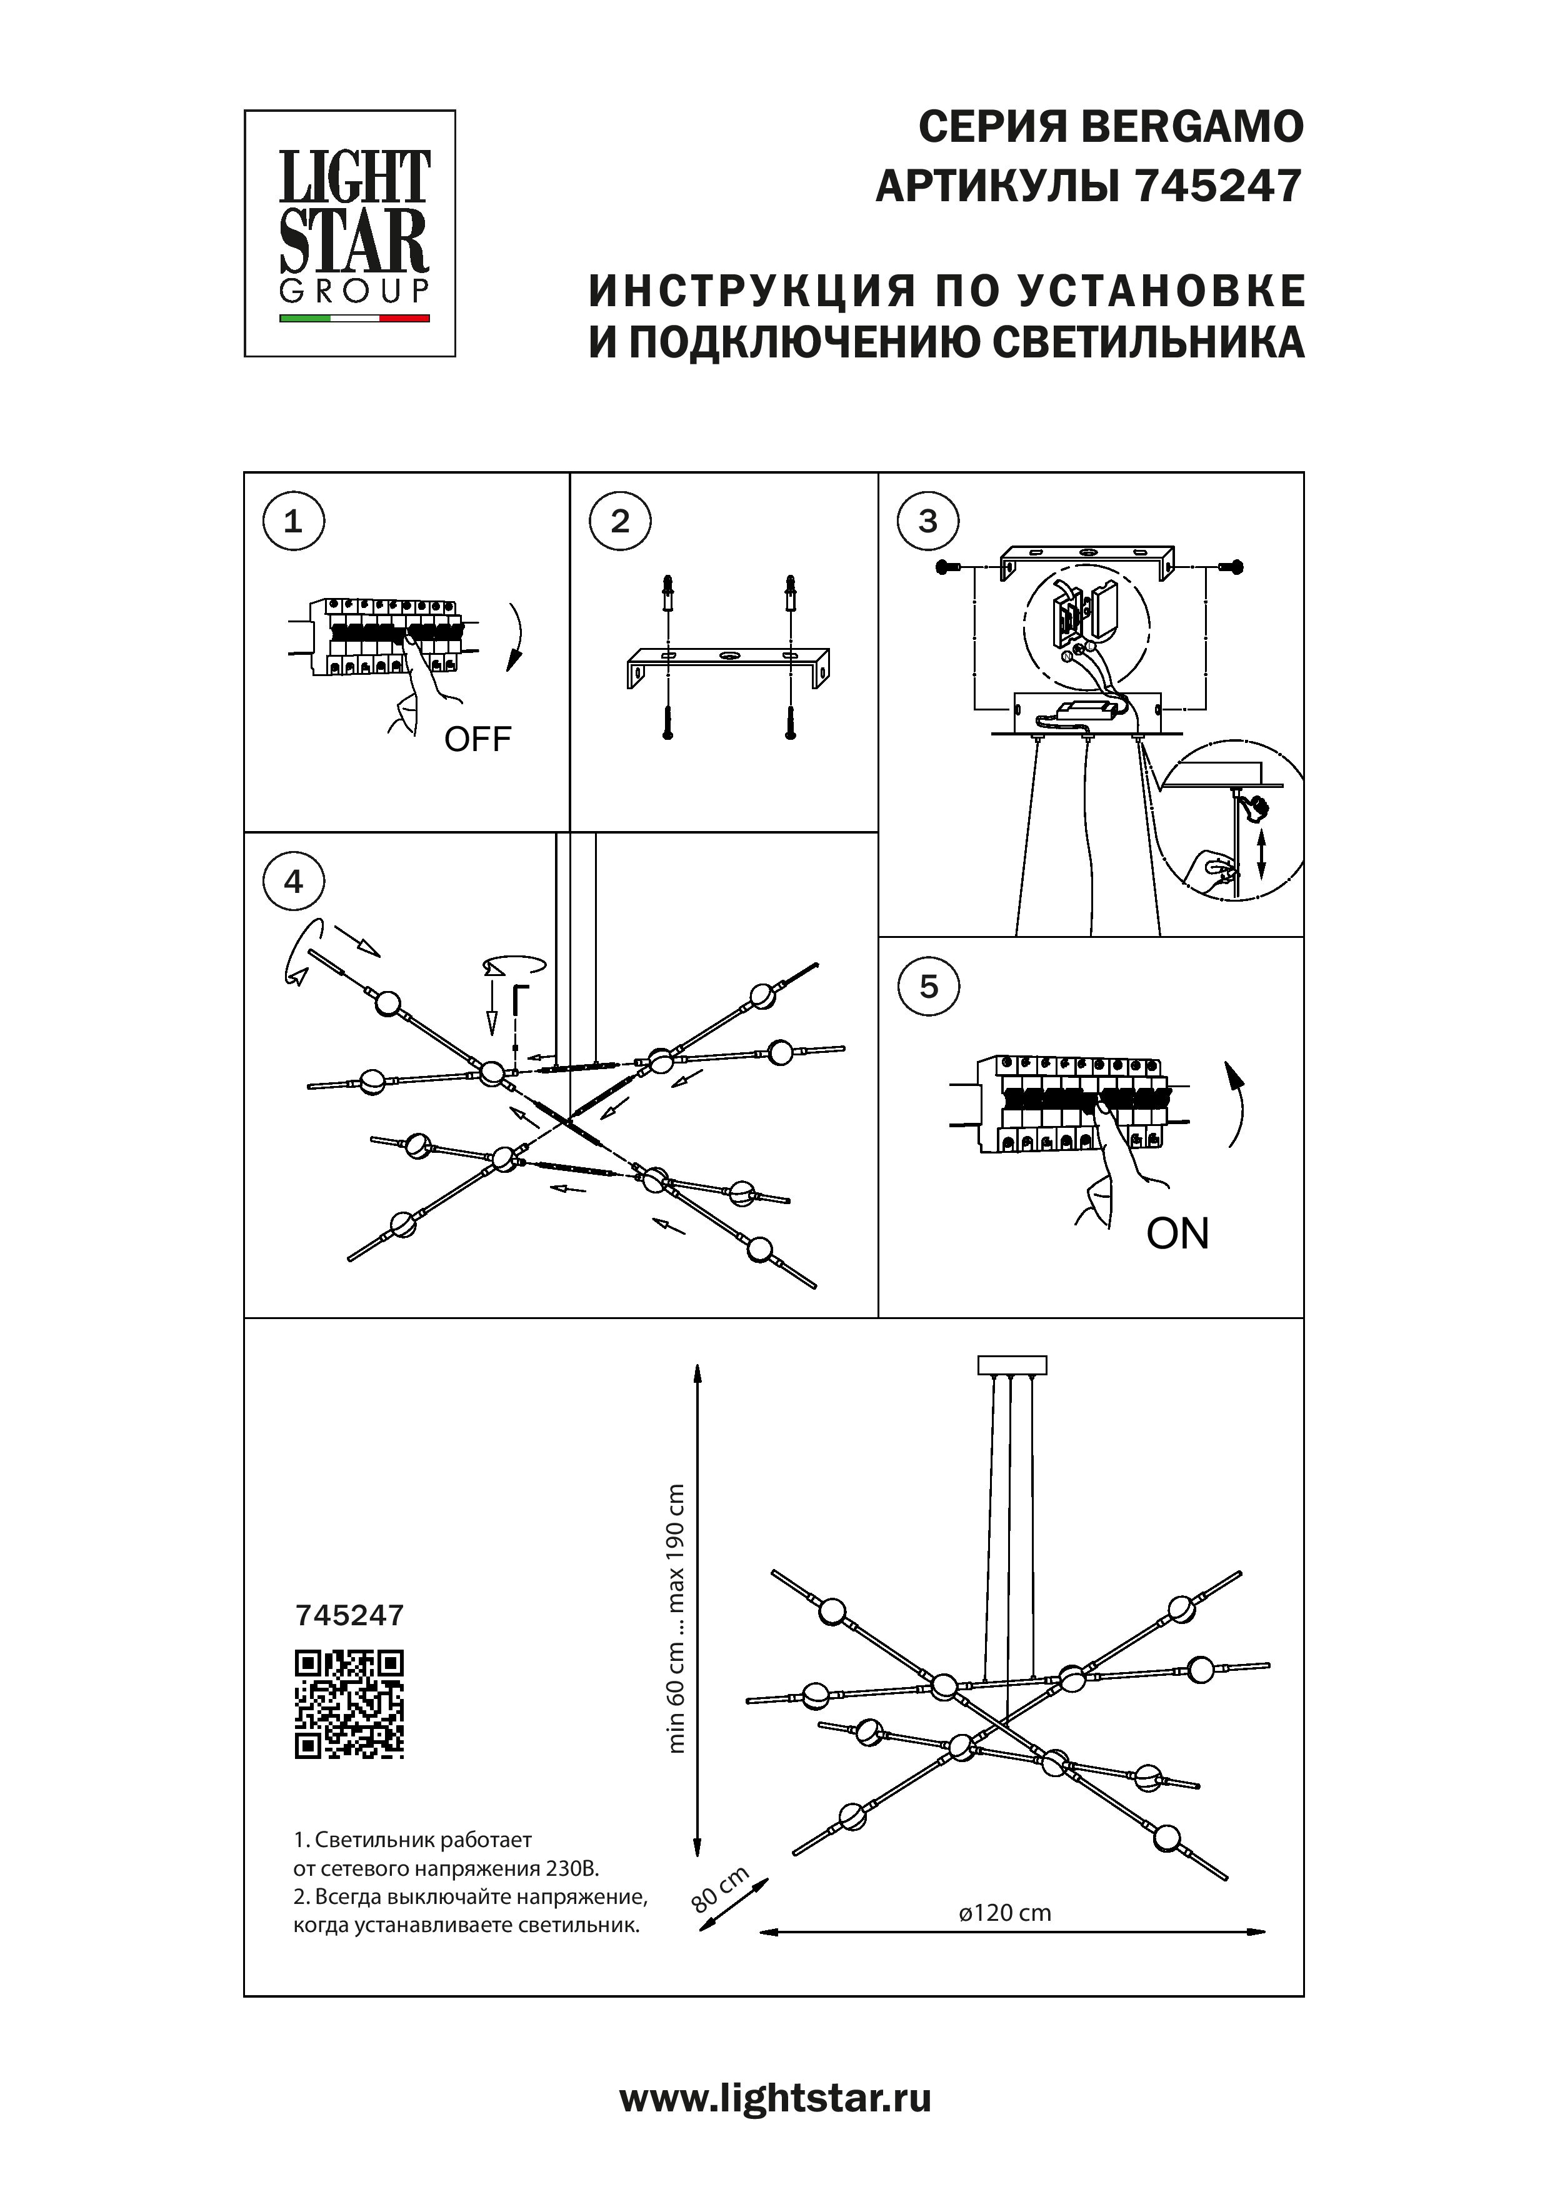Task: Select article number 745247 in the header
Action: [1219, 187]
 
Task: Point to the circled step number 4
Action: [293, 880]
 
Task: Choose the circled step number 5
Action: [928, 986]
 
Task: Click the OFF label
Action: [477, 739]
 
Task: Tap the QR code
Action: [349, 1704]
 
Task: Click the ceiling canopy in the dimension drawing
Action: [1012, 1365]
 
